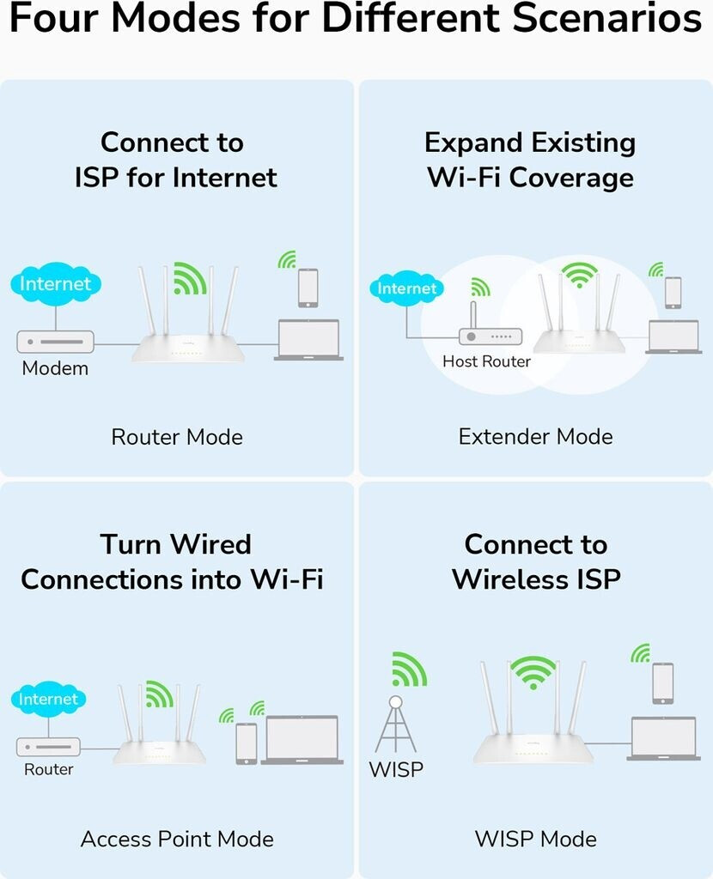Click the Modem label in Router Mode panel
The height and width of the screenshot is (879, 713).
pos(55,369)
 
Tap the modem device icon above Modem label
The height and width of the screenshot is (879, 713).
pos(55,342)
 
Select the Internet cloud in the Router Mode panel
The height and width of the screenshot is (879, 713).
pos(56,284)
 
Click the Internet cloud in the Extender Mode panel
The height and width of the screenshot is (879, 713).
pos(407,289)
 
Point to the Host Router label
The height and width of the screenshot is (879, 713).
pos(486,361)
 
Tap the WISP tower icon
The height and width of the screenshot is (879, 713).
pos(395,725)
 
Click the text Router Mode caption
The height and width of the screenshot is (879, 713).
pos(177,437)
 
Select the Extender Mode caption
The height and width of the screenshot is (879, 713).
pos(535,437)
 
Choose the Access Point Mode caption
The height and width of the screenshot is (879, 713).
pos(177,839)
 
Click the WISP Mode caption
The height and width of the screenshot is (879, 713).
pos(535,839)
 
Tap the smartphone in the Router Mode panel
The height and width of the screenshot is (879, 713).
pos(308,288)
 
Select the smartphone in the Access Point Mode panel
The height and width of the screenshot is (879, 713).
pos(247,743)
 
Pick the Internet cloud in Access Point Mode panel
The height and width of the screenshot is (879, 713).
pos(48,699)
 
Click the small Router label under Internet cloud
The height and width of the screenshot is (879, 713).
pos(49,769)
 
